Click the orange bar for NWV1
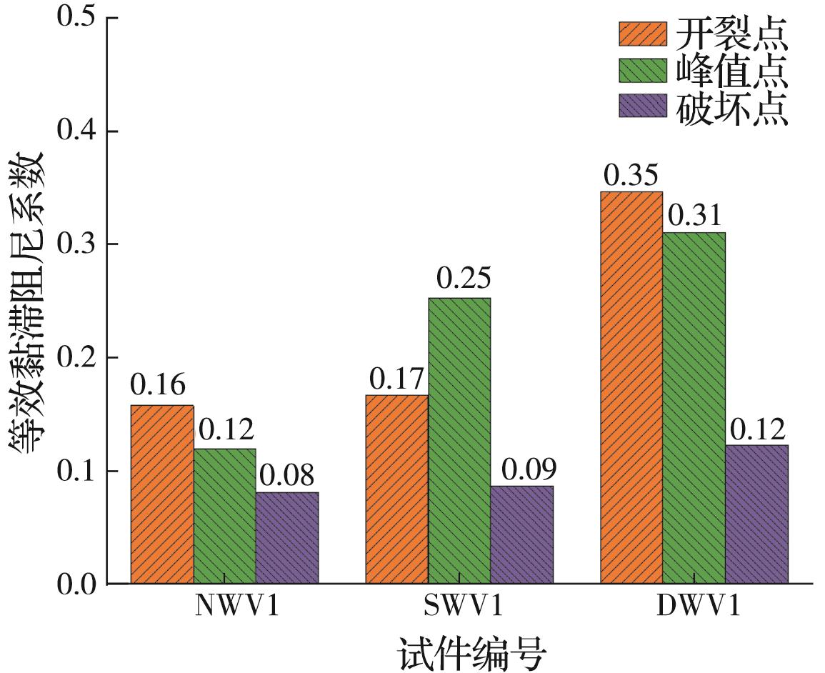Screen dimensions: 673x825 (x=162, y=494)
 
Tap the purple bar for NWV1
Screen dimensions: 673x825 (x=287, y=538)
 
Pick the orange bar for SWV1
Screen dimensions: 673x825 (x=397, y=489)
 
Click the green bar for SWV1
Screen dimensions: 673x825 (x=459, y=441)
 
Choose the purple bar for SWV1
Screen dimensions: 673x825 (x=522, y=535)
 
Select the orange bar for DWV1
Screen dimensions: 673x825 (x=631, y=388)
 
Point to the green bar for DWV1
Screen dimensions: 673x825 (x=694, y=408)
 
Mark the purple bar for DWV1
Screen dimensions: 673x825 (x=757, y=514)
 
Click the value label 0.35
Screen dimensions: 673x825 (x=631, y=175)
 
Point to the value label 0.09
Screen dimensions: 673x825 (x=529, y=469)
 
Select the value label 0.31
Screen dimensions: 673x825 (x=694, y=215)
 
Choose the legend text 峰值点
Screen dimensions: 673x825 (x=732, y=71)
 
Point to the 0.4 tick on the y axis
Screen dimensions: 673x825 (x=79, y=131)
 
